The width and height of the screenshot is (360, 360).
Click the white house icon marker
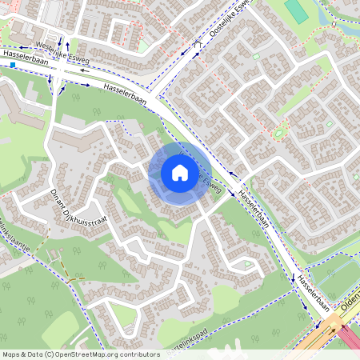click(180, 173)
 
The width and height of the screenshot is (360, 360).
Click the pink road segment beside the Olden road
click(352, 336)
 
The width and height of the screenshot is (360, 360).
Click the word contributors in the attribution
click(136, 354)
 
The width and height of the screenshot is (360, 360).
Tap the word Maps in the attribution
click(11, 354)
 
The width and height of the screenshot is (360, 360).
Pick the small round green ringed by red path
click(279, 131)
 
